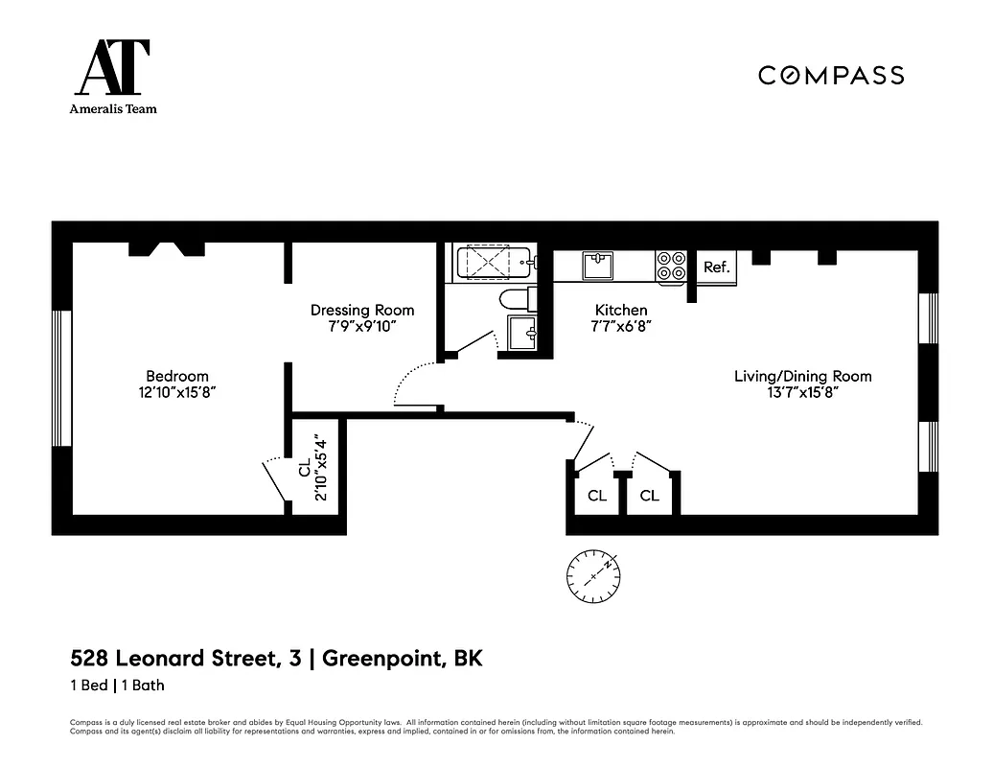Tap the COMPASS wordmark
pos(831,76)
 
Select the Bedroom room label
pos(176,376)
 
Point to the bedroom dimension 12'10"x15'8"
pos(176,392)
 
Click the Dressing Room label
pos(362,310)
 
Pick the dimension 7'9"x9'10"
pos(362,326)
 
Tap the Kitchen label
pos(621,310)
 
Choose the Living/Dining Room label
pos(802,376)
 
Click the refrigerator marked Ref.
pos(716,267)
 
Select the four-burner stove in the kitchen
pos(671,266)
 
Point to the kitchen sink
pos(599,264)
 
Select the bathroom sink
pos(523,334)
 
